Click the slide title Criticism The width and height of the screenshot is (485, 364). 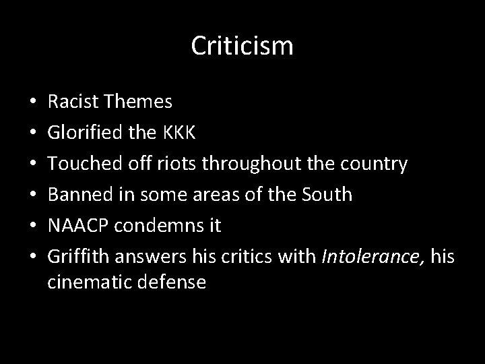242,47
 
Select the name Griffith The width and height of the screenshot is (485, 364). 79,256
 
